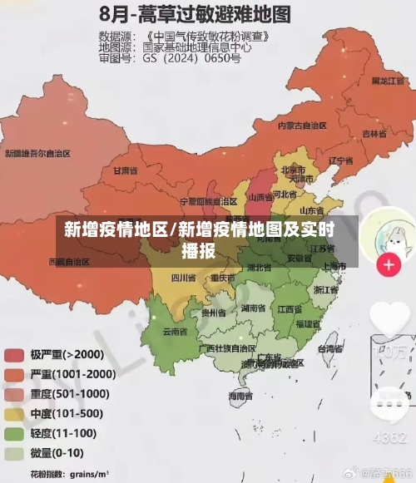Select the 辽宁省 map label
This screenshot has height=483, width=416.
[340, 160]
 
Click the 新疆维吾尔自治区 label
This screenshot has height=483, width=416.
[37, 154]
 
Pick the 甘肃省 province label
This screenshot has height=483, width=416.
[123, 170]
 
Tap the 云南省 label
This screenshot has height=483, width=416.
[175, 332]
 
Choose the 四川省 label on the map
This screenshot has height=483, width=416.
[184, 277]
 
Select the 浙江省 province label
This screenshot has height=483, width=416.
[326, 290]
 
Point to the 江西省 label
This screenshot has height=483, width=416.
[289, 309]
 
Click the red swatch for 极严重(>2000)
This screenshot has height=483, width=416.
[14, 354]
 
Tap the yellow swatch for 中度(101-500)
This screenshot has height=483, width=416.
[14, 413]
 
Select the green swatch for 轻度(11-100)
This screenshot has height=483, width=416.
[14, 433]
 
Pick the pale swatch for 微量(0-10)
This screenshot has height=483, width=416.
[14, 454]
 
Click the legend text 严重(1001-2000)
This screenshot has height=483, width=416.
[73, 374]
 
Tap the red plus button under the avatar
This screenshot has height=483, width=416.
[389, 265]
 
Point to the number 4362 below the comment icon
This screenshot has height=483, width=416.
[389, 436]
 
